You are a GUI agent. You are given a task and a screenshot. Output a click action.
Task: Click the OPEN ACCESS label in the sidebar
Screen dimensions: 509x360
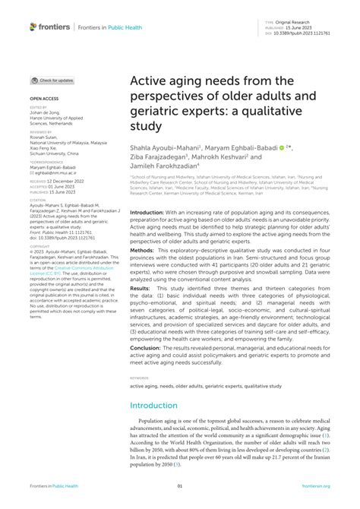coord(43,98)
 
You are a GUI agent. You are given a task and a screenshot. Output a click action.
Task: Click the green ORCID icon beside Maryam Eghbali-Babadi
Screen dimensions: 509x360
coord(282,147)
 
